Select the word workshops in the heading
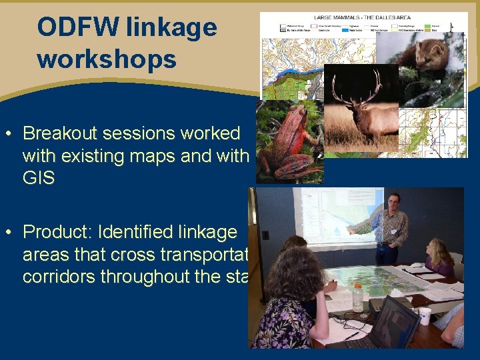pyautogui.click(x=107, y=59)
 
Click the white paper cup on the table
pyautogui.click(x=425, y=315)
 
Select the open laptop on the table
pyautogui.click(x=393, y=323)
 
